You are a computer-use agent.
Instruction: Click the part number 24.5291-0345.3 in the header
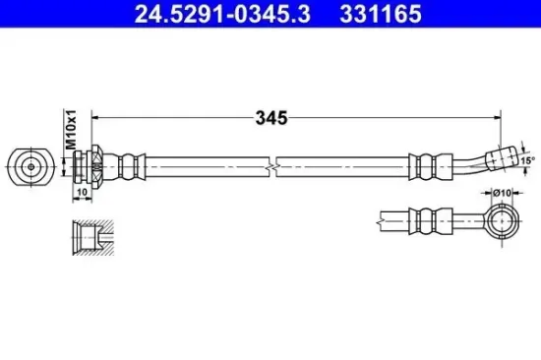tap(222, 14)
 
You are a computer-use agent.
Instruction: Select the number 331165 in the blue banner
tap(381, 14)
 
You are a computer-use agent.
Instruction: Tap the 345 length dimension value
tap(271, 118)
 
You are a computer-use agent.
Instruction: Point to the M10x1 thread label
tap(71, 130)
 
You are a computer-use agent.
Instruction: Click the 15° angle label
tap(527, 160)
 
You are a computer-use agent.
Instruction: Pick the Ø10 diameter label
tap(502, 193)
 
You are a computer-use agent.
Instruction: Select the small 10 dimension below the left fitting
tap(82, 192)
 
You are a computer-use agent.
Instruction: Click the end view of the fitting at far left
tap(31, 166)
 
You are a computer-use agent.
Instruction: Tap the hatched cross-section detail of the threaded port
tap(93, 237)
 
